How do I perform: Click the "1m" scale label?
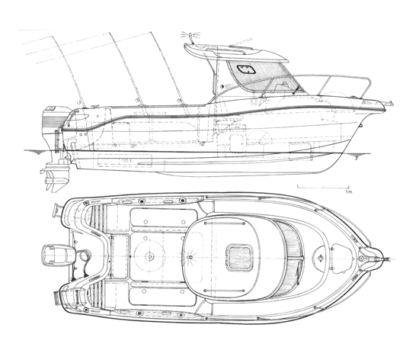click(349, 191)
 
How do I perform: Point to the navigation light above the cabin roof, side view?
click(190, 35)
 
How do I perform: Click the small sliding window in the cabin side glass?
click(246, 69)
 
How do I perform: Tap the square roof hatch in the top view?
click(239, 257)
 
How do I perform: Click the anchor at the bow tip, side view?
click(389, 104)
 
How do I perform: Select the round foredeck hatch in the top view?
click(320, 258)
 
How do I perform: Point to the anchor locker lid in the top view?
click(341, 259)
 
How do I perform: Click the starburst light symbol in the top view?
click(190, 257)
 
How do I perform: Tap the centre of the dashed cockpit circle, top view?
click(149, 256)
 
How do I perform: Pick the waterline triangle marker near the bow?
click(357, 158)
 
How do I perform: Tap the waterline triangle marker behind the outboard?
click(39, 153)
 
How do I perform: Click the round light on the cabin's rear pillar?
click(222, 87)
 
